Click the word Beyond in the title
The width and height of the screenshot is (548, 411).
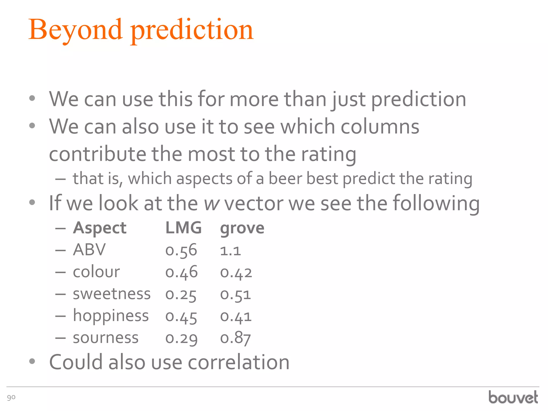click(75, 30)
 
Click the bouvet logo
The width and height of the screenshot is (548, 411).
click(513, 397)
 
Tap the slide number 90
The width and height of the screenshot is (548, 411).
click(11, 397)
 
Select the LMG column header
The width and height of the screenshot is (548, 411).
click(184, 228)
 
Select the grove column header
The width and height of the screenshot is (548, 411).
click(242, 229)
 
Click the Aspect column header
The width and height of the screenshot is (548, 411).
click(100, 229)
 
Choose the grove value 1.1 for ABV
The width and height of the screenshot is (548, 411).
click(230, 251)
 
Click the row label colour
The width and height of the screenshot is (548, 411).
click(96, 272)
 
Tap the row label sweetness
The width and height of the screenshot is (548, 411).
click(112, 294)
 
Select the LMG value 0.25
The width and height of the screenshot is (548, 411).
click(181, 295)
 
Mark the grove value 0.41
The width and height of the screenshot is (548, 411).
click(236, 317)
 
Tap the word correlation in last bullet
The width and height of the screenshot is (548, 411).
click(239, 362)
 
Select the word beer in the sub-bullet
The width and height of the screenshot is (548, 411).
click(285, 179)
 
